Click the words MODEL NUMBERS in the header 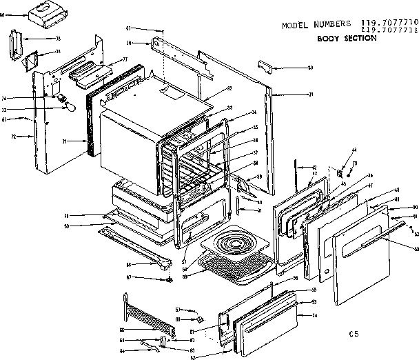click(312, 26)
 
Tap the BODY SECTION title click(347, 39)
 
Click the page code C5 click(354, 334)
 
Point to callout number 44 click(354, 150)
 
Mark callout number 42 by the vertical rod click(314, 168)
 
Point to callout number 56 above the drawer click(295, 278)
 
